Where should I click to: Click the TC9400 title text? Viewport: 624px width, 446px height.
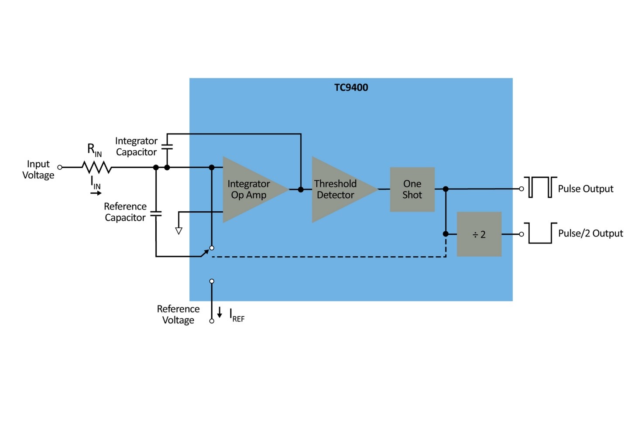pos(351,87)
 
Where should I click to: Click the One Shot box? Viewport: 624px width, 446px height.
pos(412,189)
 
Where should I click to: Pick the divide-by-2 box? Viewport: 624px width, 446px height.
pos(479,234)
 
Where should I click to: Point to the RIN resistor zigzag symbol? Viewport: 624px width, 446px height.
pos(96,167)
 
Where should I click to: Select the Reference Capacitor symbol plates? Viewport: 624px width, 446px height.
pos(156,214)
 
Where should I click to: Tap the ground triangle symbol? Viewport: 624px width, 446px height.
pos(178,230)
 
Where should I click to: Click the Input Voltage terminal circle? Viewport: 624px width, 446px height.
pos(60,167)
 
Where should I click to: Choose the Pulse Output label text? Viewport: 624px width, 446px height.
pos(585,189)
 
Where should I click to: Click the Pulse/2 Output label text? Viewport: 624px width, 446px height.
pos(590,233)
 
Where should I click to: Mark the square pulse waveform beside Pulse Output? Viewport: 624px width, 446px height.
pos(540,187)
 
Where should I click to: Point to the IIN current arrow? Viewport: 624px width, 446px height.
pos(96,193)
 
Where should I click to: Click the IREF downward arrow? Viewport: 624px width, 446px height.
pos(219,312)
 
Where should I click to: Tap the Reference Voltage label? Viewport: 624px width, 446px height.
pos(178,314)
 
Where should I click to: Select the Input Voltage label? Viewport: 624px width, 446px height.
pos(38,169)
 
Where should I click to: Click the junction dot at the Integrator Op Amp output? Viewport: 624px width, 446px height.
pos(301,189)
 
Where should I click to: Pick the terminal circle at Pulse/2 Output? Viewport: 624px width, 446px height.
pos(521,234)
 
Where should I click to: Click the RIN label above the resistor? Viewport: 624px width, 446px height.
pos(94,150)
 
